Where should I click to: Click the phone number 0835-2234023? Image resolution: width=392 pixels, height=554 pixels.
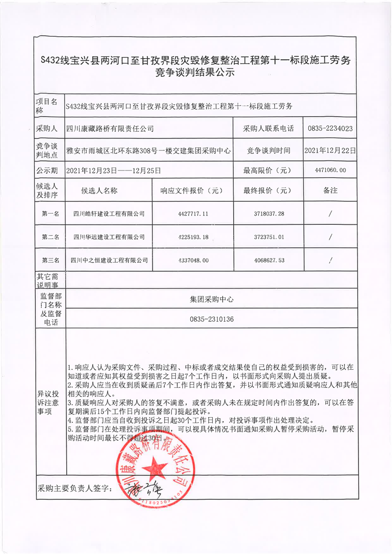[x=330, y=129]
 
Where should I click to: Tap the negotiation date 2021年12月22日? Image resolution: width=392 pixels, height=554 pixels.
[x=330, y=150]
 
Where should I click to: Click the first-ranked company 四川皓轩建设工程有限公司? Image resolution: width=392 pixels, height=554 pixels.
[x=109, y=214]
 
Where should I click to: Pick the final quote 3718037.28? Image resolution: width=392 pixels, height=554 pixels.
[x=267, y=214]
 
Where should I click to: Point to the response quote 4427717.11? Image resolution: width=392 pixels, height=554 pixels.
[x=191, y=214]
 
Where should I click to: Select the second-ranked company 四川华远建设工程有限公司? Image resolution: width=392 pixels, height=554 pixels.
[x=109, y=237]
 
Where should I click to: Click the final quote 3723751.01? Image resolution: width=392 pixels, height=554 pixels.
[x=267, y=237]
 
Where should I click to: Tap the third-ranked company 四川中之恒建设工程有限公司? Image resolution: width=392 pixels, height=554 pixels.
[x=109, y=260]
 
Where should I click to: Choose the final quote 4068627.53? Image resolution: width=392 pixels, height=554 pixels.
[x=267, y=260]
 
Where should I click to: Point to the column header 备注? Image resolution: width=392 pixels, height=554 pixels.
[x=330, y=191]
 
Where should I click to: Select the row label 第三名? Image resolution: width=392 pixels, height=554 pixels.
[x=50, y=260]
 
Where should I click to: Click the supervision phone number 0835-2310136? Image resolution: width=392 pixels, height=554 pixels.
[x=212, y=319]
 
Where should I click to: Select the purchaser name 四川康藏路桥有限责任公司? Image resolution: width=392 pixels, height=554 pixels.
[x=110, y=129]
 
